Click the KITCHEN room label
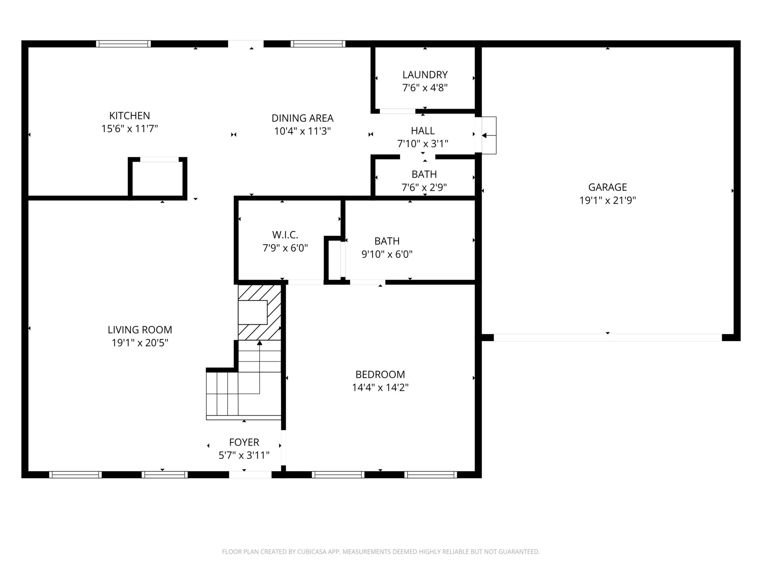pos(130,116)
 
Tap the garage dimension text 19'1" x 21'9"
pos(608,201)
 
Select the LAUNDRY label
pos(425,75)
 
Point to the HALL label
pos(423,130)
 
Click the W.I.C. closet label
pos(285,235)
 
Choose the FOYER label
pos(244,442)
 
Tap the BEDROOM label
pos(380,374)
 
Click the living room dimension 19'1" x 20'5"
pos(140,343)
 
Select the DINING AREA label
pos(302,118)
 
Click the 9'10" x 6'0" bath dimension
pos(387,254)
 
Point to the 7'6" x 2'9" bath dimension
pos(424,188)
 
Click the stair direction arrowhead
pos(260,343)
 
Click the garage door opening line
pos(608,338)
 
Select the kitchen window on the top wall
pos(124,44)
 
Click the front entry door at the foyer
pos(250,475)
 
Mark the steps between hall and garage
pos(489,135)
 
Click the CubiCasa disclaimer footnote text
pos(381,552)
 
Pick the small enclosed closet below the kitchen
pos(158,178)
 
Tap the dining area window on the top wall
pos(318,44)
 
